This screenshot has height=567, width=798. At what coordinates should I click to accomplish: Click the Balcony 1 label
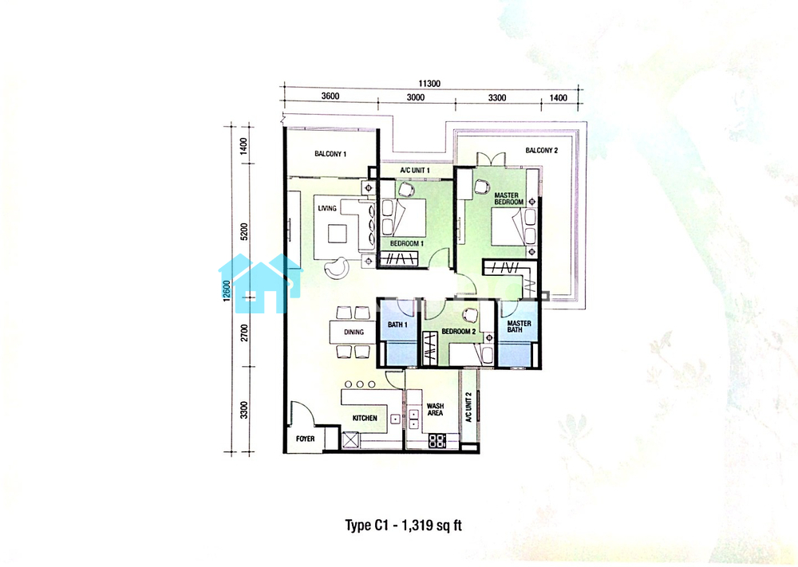click(330, 154)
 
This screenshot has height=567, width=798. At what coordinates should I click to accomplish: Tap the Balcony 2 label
click(542, 151)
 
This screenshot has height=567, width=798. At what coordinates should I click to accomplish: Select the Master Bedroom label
click(508, 199)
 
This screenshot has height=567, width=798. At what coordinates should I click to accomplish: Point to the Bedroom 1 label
click(407, 243)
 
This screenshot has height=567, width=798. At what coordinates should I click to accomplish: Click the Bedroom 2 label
click(459, 332)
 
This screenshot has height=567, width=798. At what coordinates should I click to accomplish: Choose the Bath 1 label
click(397, 325)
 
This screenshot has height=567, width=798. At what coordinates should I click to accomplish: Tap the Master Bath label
click(519, 326)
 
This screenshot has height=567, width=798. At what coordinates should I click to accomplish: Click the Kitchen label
click(365, 418)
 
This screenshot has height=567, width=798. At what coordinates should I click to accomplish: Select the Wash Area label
click(435, 409)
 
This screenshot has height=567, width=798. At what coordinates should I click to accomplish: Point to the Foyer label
click(305, 439)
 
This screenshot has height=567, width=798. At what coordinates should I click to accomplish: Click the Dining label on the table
click(354, 332)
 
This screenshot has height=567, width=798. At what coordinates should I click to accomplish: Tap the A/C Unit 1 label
click(415, 171)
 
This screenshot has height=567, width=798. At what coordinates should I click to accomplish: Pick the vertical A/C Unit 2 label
click(468, 407)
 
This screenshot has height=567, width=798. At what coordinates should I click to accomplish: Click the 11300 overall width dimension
click(429, 84)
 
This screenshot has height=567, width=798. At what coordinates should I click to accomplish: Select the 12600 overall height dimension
click(227, 289)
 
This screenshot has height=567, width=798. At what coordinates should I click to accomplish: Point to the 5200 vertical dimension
click(244, 232)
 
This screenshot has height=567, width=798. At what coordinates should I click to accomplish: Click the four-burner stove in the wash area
click(437, 440)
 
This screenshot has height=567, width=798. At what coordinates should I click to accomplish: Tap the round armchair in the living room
click(337, 267)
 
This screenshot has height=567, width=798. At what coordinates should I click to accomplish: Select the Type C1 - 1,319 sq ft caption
click(404, 526)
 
